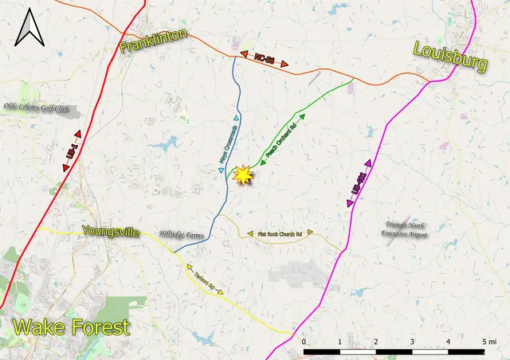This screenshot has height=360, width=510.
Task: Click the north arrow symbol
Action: (31, 29)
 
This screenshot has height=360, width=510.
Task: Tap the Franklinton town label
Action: (154, 41)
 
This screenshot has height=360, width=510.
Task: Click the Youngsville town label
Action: (111, 233)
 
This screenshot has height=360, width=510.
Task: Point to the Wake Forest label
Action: (71, 327)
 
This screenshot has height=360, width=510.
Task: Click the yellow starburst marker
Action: (242, 174)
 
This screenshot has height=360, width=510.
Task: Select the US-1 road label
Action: (73, 151)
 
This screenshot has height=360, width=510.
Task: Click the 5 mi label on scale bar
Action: (485, 342)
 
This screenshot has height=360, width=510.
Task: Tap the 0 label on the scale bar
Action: (304, 342)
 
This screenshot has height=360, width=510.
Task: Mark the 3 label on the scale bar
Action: (411, 342)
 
